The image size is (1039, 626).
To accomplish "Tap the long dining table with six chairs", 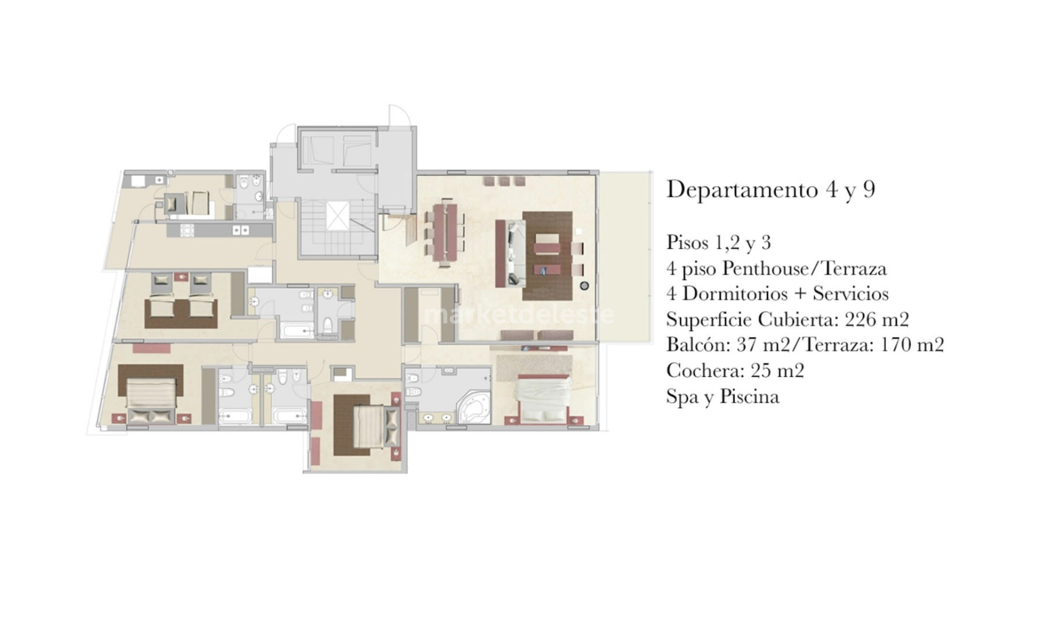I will point(445,234).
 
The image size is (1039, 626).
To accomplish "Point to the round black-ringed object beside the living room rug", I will point(584,285).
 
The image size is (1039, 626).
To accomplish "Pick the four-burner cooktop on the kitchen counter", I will point(187,231).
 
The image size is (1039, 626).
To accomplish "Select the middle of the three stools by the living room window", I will point(504,181).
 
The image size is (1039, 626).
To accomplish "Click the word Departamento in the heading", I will point(741,189).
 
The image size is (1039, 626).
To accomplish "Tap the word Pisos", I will point(687,242).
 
